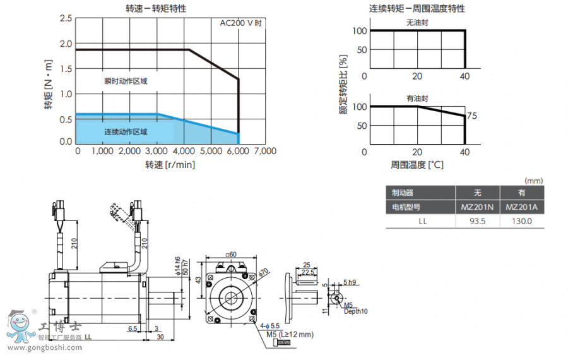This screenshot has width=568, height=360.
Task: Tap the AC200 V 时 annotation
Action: (240, 23)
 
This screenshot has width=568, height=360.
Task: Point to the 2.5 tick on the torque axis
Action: (66, 18)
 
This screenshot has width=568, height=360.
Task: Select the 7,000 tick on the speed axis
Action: (264, 152)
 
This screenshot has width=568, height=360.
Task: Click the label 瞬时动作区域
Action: (126, 81)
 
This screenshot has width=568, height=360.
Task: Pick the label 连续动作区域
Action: (126, 132)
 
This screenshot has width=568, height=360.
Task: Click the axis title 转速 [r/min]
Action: (170, 165)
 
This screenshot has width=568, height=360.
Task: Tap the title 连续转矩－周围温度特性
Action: (417, 9)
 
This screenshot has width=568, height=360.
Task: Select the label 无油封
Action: (417, 23)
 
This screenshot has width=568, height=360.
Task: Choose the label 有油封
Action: (417, 99)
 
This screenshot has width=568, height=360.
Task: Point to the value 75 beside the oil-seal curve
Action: (471, 116)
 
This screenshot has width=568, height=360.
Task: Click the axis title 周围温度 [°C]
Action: (417, 165)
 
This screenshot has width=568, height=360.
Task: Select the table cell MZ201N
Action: (478, 207)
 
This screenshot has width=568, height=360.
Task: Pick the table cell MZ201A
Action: (522, 207)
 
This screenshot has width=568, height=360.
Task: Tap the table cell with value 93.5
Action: (478, 221)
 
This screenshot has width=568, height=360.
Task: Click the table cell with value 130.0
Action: (522, 221)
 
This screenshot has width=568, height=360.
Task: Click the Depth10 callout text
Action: (356, 311)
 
